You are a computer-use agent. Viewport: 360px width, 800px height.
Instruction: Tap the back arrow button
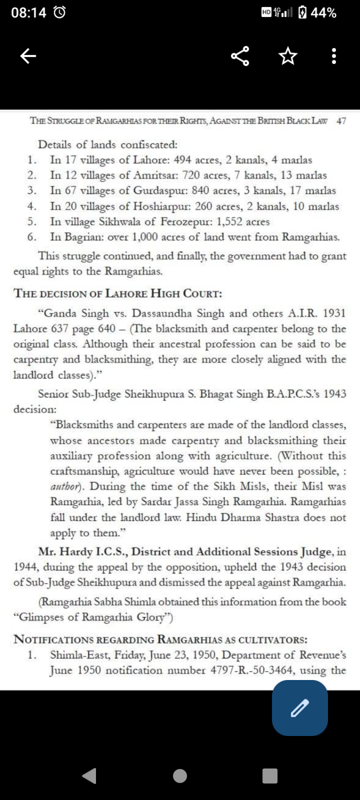(28, 56)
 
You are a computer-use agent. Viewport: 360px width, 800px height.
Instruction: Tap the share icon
(241, 56)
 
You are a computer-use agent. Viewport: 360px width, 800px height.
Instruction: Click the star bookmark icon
(287, 56)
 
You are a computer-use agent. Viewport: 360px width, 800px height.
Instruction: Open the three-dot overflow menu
(334, 56)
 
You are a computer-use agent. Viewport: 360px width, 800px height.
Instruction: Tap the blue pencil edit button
(300, 708)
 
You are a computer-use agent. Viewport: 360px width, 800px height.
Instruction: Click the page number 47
(341, 121)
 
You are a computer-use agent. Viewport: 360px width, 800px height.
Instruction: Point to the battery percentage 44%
(323, 13)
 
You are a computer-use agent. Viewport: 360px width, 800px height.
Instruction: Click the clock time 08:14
(28, 13)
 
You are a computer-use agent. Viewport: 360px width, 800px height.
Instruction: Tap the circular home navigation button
(180, 776)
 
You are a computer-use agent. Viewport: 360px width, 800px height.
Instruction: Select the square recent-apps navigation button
(270, 776)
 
